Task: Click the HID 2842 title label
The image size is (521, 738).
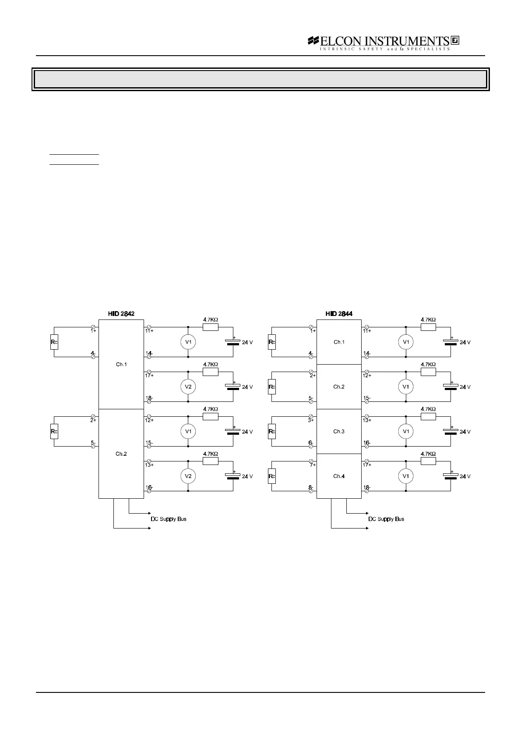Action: coord(121,314)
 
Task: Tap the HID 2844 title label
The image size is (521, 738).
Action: coord(339,314)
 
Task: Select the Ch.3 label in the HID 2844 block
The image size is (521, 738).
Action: coord(339,432)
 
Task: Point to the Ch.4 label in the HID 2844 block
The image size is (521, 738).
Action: coord(339,476)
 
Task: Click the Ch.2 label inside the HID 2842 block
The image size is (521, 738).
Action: coord(121,454)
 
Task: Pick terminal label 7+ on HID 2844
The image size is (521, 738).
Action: coord(312,465)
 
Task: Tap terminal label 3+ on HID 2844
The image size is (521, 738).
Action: coord(311,420)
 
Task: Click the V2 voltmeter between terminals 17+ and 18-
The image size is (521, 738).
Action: coord(188,387)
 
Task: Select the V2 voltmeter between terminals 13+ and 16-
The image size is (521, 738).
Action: coord(188,476)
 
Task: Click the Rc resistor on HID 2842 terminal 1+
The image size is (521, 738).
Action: coord(54,342)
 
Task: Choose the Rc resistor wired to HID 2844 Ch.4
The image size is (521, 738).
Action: coord(272,476)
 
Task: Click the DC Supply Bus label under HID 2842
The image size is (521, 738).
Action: coord(169,519)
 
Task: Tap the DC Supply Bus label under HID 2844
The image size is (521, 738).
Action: coord(386,519)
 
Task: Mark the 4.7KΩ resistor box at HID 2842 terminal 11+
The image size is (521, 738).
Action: coord(211,327)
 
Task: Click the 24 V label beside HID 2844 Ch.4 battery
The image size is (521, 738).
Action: coord(465,477)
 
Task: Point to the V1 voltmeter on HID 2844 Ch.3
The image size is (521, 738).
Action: coord(406,432)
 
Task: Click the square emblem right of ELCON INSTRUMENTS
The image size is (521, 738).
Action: coord(454,41)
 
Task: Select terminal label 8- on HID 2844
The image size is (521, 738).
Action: coord(311,487)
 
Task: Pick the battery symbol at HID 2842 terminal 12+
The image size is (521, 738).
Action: coord(233,430)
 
